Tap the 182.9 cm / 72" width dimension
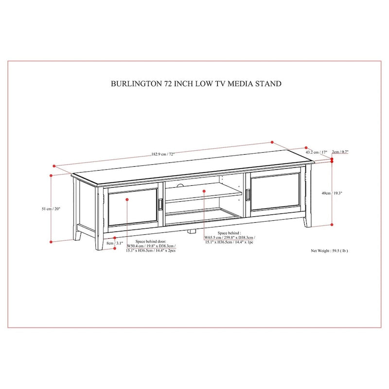(163, 154)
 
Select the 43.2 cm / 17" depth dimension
(316, 152)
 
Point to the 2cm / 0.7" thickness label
(341, 152)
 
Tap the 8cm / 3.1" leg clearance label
(116, 243)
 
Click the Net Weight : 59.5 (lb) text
(329, 251)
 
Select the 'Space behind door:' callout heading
(151, 241)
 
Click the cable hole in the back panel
(180, 185)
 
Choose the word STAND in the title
(270, 84)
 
